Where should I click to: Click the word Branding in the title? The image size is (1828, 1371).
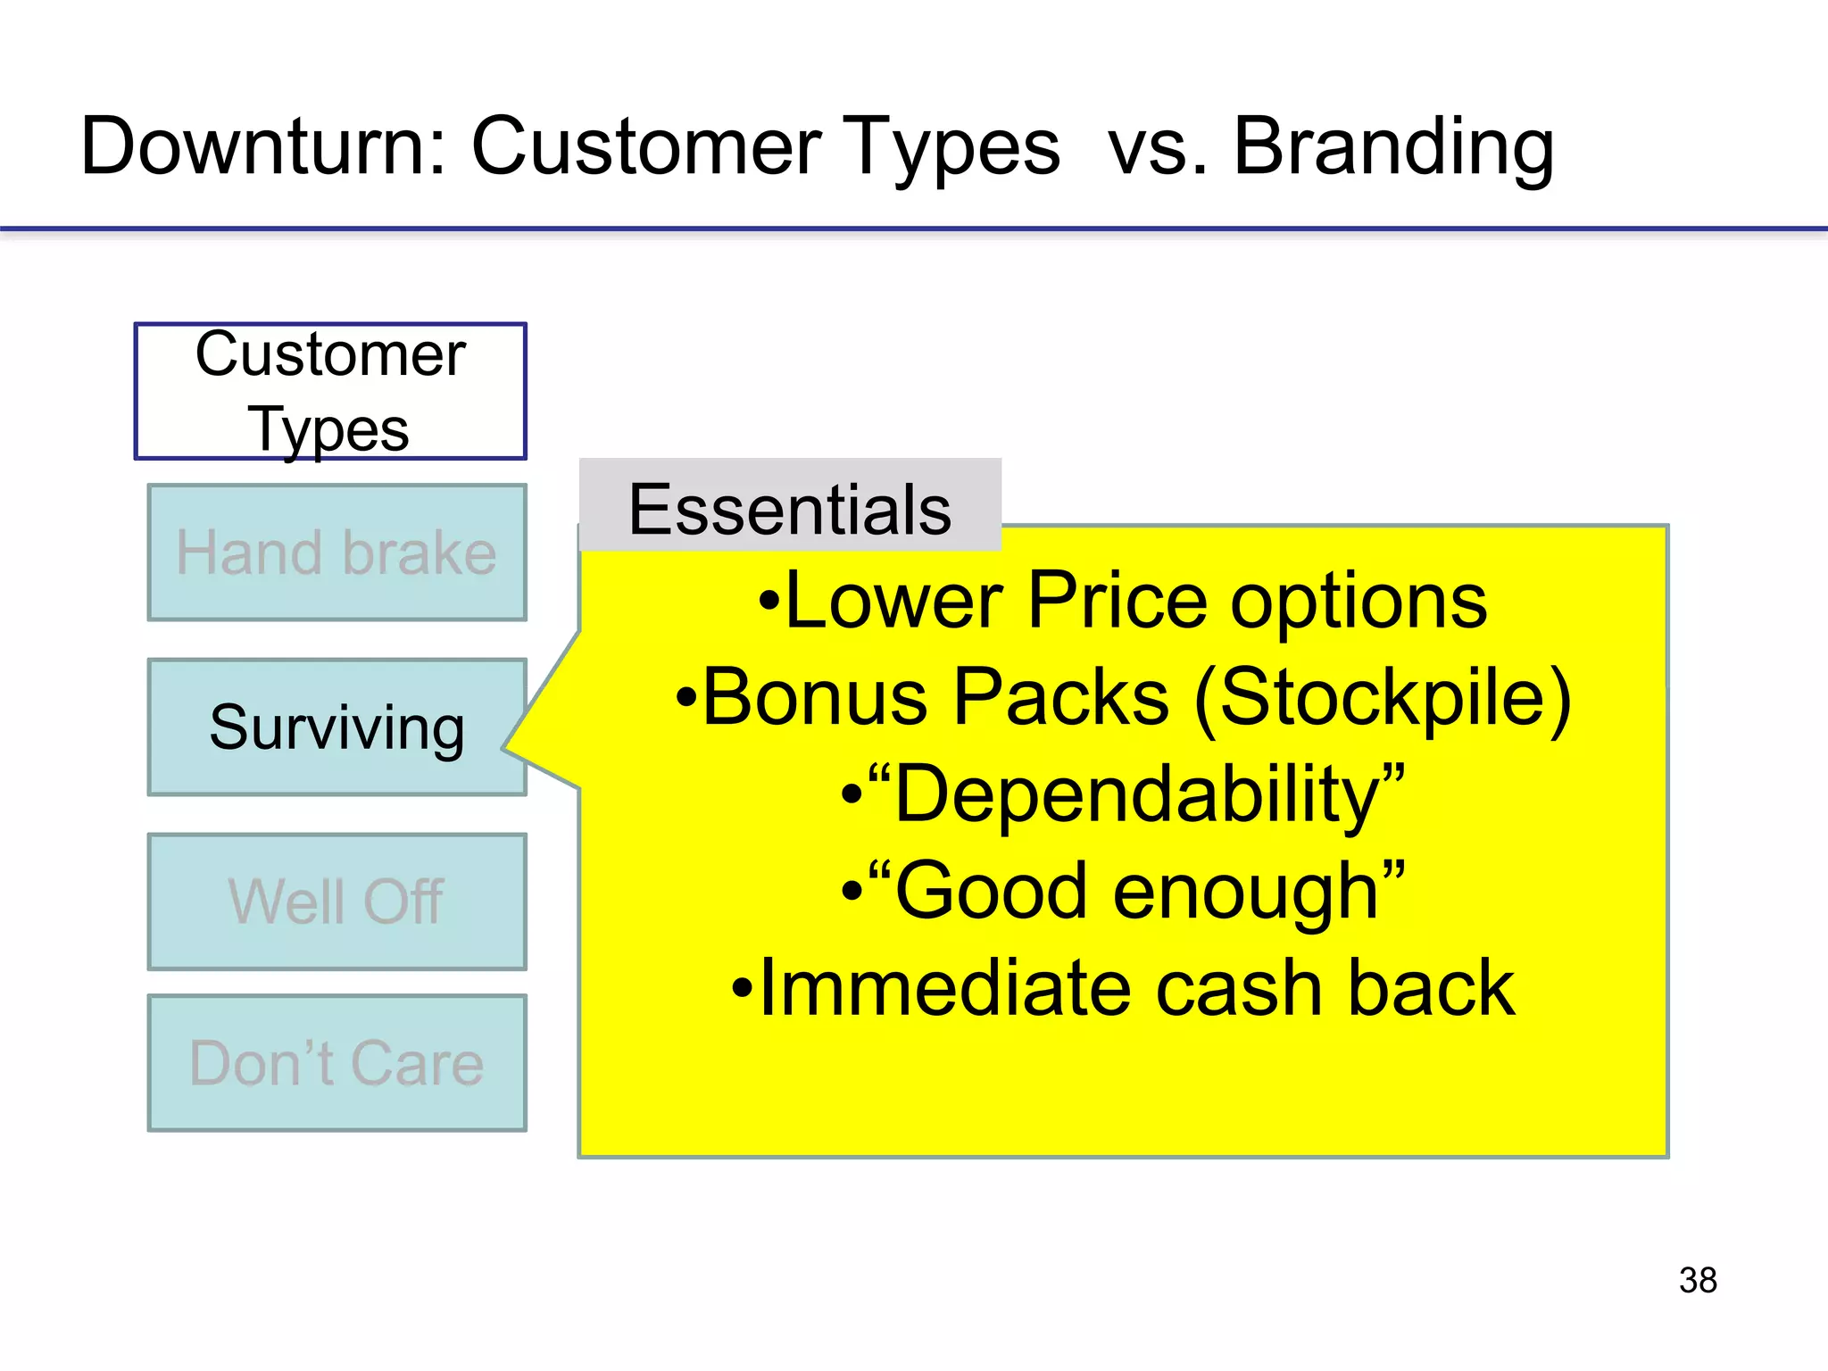pos(1392,147)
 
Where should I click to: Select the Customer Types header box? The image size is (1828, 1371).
pos(330,391)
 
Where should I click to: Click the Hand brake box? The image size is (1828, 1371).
pos(337,553)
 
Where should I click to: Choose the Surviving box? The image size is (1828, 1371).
pos(337,727)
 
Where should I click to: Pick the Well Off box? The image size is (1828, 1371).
pos(337,902)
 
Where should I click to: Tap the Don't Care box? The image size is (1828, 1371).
pos(337,1063)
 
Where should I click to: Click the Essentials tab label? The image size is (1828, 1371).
pos(790,509)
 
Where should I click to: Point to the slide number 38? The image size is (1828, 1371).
pos(1698,1280)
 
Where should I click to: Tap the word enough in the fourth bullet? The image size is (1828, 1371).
pos(1245,893)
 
